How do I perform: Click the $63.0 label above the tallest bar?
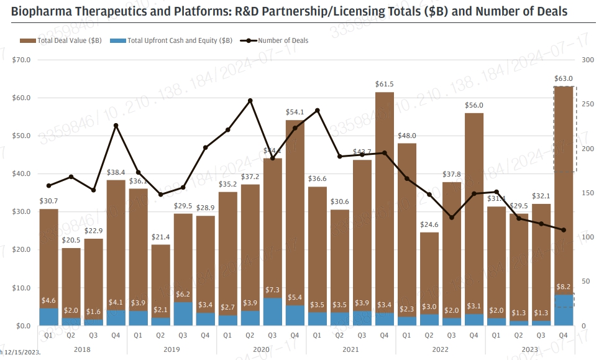564,78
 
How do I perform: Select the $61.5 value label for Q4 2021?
385,84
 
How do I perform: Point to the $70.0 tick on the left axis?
21,60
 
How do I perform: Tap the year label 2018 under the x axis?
83,350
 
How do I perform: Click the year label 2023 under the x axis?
530,350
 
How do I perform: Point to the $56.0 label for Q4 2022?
474,105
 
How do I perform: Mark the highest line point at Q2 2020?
250,100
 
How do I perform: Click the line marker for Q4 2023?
564,230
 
